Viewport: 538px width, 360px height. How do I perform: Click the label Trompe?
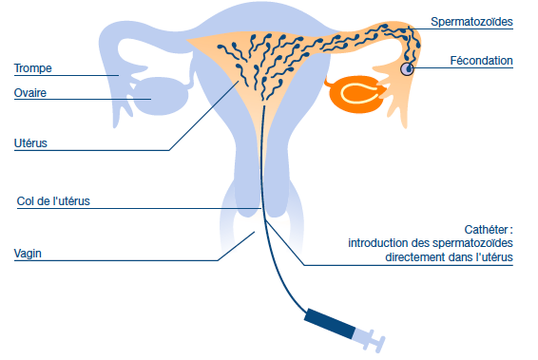33,68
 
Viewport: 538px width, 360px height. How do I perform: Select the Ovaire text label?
30,93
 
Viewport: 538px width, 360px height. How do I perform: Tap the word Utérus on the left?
30,143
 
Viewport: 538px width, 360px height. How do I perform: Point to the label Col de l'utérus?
53,201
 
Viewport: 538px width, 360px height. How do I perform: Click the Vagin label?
28,254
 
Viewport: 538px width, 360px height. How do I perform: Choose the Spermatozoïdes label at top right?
471,22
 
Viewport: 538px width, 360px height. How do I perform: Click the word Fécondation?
481,61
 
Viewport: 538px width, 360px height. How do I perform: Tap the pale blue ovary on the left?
160,96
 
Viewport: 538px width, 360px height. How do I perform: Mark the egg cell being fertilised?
407,69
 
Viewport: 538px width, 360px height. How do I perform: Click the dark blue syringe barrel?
330,323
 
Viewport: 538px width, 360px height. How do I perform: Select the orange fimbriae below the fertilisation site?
398,100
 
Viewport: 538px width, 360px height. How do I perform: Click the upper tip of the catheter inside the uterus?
264,106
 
